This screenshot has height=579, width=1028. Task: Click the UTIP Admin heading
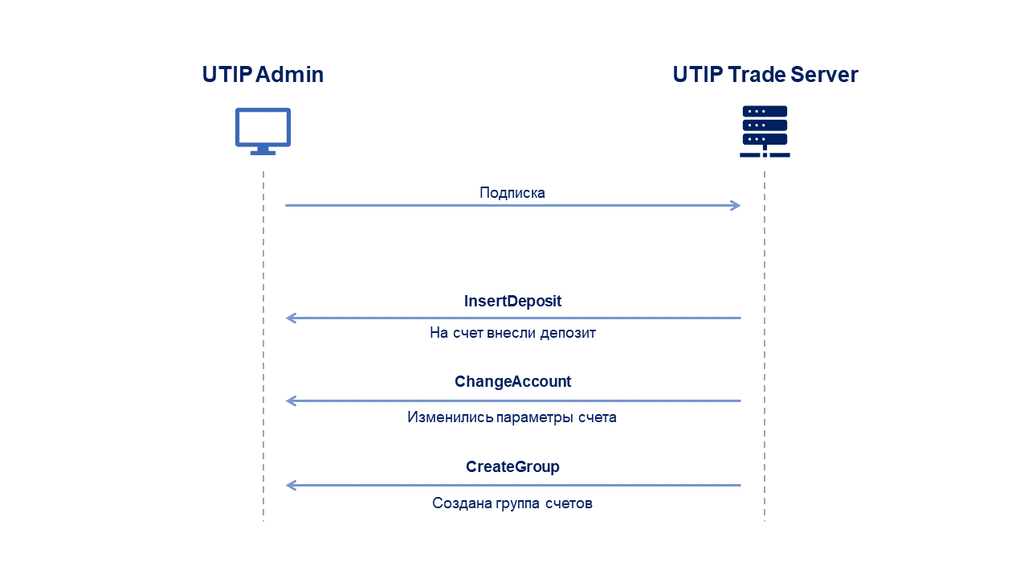click(263, 75)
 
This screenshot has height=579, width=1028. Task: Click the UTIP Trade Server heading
click(765, 75)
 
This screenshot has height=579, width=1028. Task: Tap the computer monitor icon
click(263, 131)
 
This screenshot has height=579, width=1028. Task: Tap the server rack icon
click(765, 131)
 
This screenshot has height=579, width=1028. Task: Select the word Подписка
click(512, 192)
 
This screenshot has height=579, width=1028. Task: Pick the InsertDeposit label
click(512, 301)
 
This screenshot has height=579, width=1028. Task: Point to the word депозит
click(568, 333)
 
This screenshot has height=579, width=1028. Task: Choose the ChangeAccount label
click(512, 381)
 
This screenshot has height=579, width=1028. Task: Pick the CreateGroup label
click(512, 466)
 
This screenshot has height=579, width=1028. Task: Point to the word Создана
click(462, 503)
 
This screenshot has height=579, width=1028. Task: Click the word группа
click(518, 504)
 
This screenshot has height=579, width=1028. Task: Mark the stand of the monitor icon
click(263, 150)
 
